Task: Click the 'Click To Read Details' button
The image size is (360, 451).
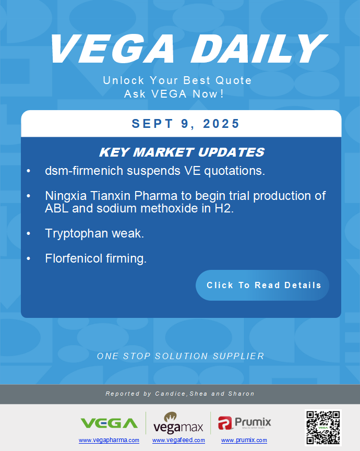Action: pyautogui.click(x=262, y=285)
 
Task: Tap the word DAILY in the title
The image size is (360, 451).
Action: pyautogui.click(x=259, y=49)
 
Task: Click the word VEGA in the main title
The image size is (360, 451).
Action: pyautogui.click(x=113, y=49)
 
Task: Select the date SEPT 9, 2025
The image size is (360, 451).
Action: pyautogui.click(x=185, y=124)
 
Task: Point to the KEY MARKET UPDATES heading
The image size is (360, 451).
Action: pyautogui.click(x=182, y=152)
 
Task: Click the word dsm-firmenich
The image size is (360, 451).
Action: pyautogui.click(x=84, y=171)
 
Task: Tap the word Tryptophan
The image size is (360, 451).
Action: pyautogui.click(x=77, y=233)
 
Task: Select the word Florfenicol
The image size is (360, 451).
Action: pyautogui.click(x=74, y=258)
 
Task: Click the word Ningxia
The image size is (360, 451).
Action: pyautogui.click(x=66, y=196)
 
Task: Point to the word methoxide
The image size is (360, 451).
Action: pyautogui.click(x=171, y=208)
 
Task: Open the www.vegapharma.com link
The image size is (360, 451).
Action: pyautogui.click(x=109, y=440)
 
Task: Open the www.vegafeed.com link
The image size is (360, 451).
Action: pyautogui.click(x=178, y=440)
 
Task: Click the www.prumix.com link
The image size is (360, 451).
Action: pyautogui.click(x=244, y=440)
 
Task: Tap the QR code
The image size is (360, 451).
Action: pyautogui.click(x=323, y=428)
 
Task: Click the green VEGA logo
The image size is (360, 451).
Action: pyautogui.click(x=109, y=423)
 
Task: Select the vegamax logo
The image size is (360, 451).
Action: pyautogui.click(x=178, y=423)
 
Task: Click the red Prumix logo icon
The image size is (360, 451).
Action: pyautogui.click(x=225, y=423)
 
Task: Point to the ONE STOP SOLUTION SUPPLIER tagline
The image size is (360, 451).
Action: pyautogui.click(x=181, y=356)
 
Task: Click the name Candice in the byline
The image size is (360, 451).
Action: pyautogui.click(x=171, y=394)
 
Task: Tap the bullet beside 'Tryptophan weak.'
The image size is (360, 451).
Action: pyautogui.click(x=28, y=233)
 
